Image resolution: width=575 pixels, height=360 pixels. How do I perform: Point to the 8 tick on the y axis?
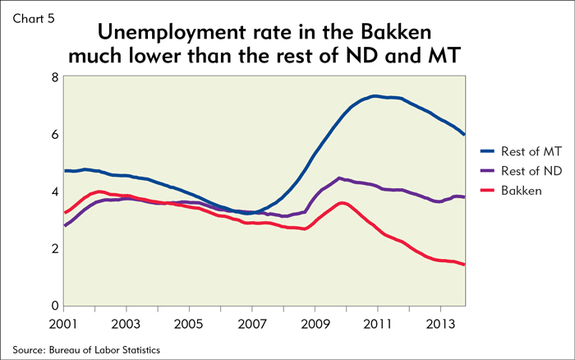coord(54,77)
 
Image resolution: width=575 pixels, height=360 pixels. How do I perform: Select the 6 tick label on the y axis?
coord(54,134)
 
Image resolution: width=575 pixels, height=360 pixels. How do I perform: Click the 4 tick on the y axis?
coord(54,192)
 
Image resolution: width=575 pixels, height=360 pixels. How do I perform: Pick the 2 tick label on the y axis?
coord(54,249)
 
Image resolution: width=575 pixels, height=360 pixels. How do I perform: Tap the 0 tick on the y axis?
coord(54,306)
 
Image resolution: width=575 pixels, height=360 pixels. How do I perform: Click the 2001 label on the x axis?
coord(64,321)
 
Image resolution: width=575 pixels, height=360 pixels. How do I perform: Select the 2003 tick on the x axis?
coord(126,321)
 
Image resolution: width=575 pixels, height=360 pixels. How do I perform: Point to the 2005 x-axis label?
coord(189,321)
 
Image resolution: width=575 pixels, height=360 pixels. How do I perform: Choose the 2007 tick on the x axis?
coord(252,321)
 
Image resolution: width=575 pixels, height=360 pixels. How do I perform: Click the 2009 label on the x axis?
coord(315,321)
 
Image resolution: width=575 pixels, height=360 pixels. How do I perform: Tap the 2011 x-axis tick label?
coord(377,321)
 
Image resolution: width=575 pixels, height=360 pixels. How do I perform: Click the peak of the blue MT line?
coord(375,96)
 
